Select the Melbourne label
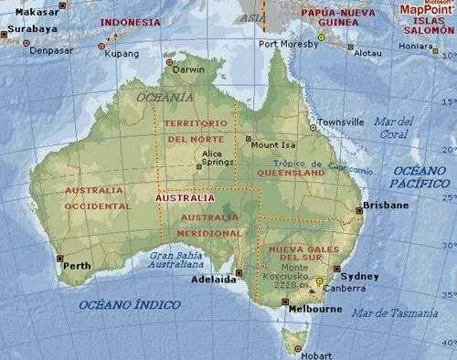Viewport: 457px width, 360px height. (315, 309)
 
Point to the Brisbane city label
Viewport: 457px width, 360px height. (387, 206)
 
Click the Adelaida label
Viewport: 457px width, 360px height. (213, 280)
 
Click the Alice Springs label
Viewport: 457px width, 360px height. (213, 158)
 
